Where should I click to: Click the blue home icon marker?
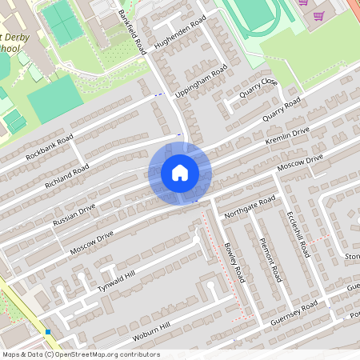point(180,173)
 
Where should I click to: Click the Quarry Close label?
point(253,96)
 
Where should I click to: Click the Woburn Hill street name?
point(152,331)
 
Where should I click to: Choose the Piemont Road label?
point(272,258)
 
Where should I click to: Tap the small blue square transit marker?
point(49,331)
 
